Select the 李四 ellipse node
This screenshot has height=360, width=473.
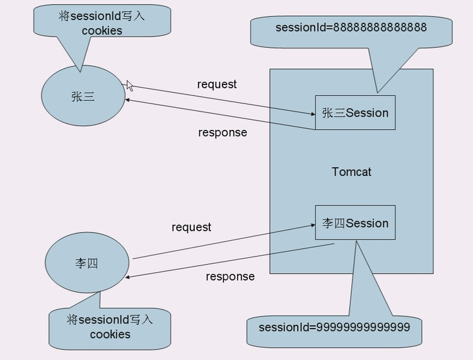pyautogui.click(x=87, y=263)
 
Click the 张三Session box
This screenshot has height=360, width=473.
pyautogui.click(x=355, y=113)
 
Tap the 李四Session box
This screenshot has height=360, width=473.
pyautogui.click(x=355, y=223)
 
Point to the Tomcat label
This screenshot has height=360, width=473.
pyautogui.click(x=351, y=171)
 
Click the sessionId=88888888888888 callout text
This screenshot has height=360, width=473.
pyautogui.click(x=351, y=28)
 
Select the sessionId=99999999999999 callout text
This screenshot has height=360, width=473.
pyautogui.click(x=334, y=327)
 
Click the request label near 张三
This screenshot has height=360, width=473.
pyautogui.click(x=216, y=84)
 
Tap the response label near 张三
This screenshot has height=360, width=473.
pyautogui.click(x=222, y=132)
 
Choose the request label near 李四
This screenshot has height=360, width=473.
pyautogui.click(x=191, y=227)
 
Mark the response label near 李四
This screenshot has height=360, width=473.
pyautogui.click(x=230, y=276)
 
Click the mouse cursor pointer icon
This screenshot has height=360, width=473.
pyautogui.click(x=129, y=86)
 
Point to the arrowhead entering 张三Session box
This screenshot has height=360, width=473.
pyautogui.click(x=312, y=114)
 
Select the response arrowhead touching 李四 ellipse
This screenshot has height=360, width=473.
pyautogui.click(x=129, y=277)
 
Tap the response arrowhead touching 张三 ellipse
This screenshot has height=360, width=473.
pyautogui.click(x=129, y=99)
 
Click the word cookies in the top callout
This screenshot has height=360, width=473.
pyautogui.click(x=102, y=31)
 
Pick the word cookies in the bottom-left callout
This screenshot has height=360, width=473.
pyautogui.click(x=110, y=334)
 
